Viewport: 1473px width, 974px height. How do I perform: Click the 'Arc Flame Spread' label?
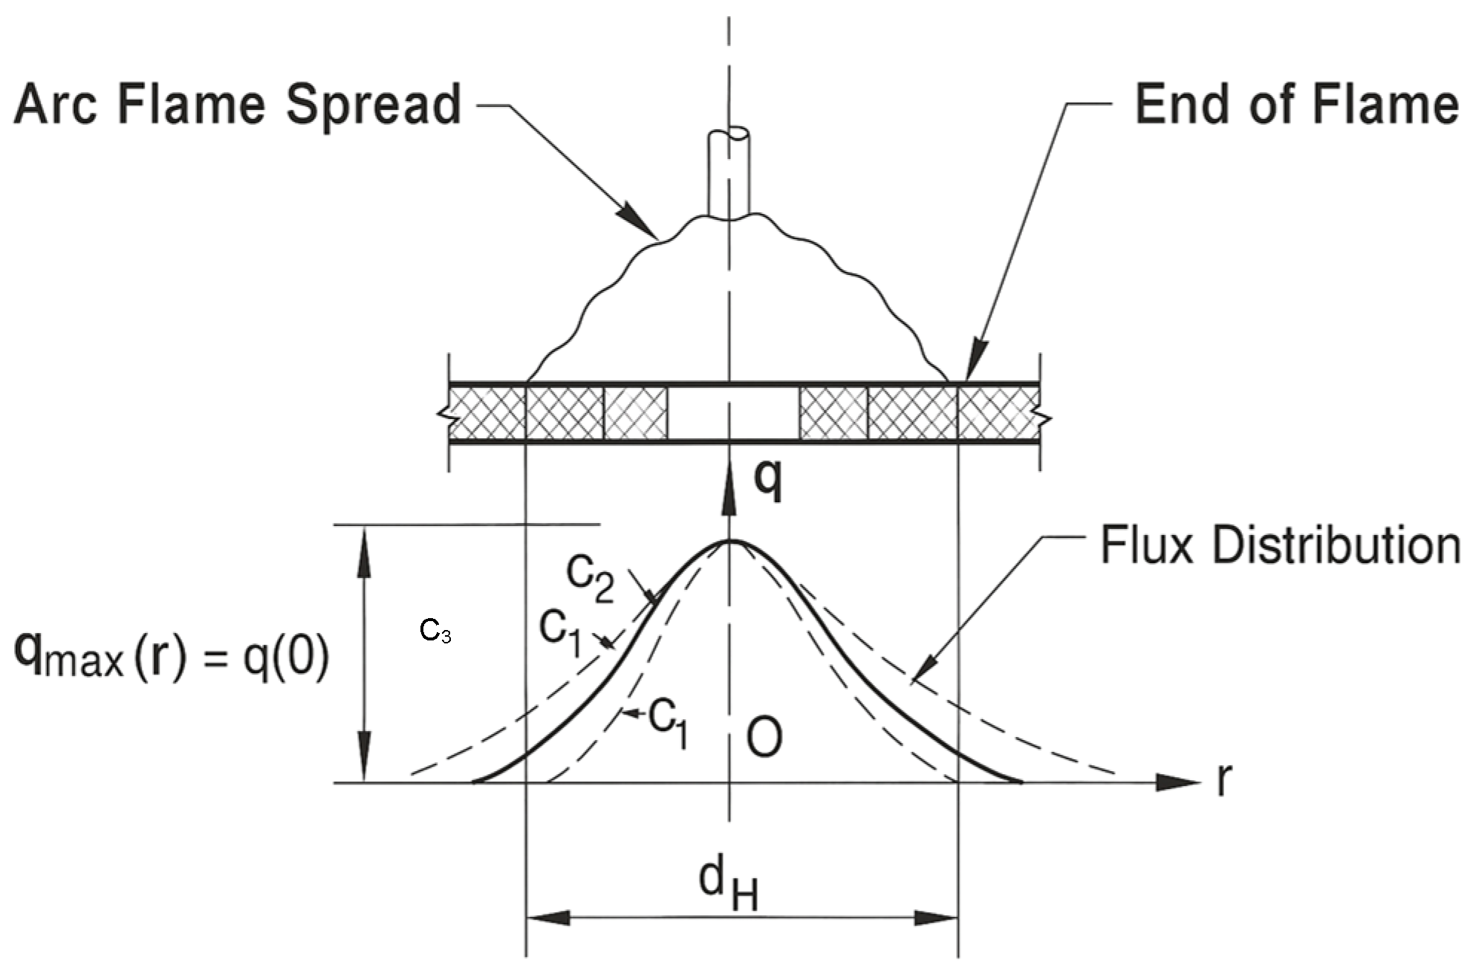pyautogui.click(x=238, y=105)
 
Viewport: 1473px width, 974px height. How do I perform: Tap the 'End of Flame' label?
pyautogui.click(x=1296, y=105)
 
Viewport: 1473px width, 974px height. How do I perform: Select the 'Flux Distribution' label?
pyautogui.click(x=1279, y=546)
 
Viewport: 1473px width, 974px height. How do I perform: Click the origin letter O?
pyautogui.click(x=764, y=738)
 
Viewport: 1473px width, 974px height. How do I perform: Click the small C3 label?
pyautogui.click(x=435, y=632)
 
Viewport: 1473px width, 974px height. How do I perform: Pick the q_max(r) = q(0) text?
pyautogui.click(x=171, y=658)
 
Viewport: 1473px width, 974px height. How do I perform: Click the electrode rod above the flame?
pyautogui.click(x=728, y=175)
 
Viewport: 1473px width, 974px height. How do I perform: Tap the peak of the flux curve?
pyautogui.click(x=730, y=542)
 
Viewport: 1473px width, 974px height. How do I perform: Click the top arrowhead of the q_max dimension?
pyautogui.click(x=364, y=546)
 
